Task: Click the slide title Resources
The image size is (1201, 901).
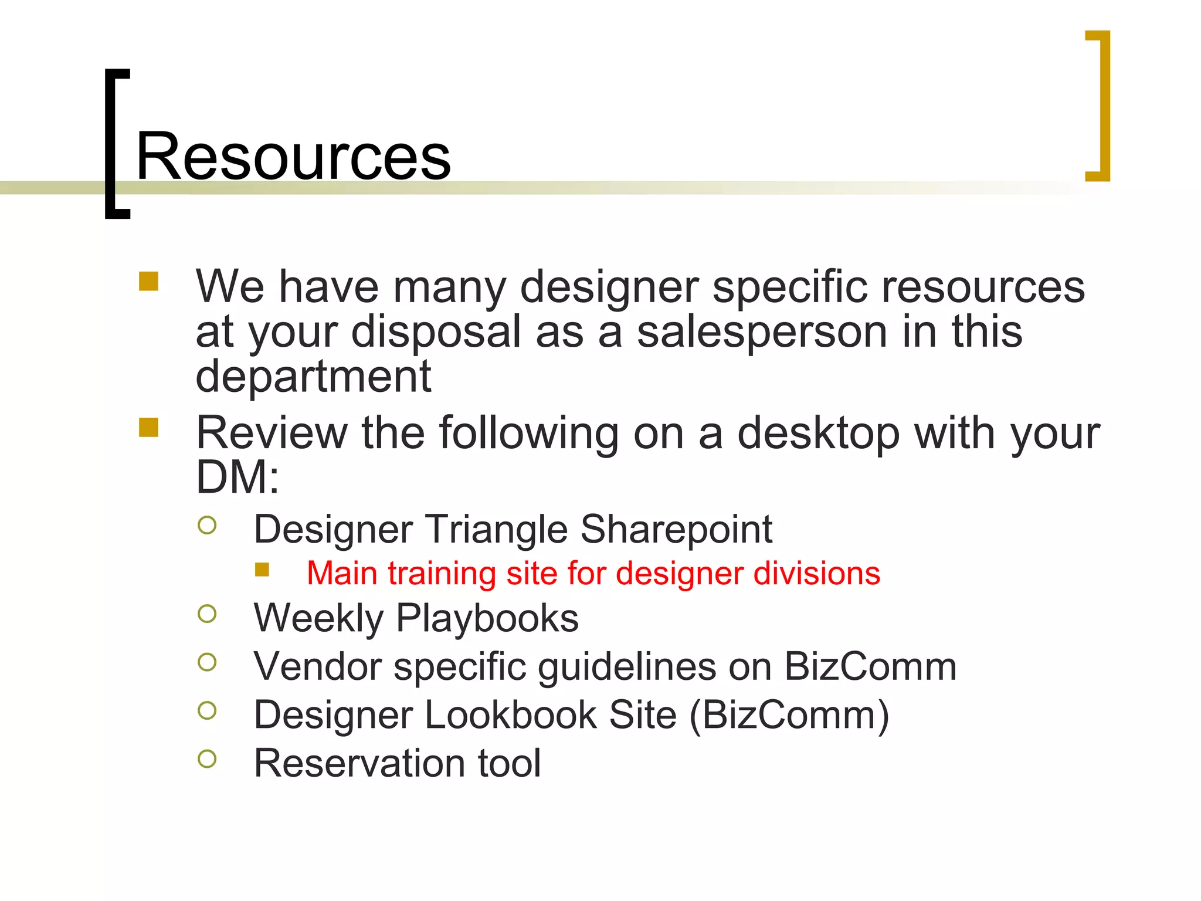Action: (293, 157)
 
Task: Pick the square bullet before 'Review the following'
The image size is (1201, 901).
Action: (149, 427)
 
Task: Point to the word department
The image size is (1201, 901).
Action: (313, 377)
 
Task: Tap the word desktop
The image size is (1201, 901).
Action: (818, 433)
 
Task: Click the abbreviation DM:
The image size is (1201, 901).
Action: (238, 477)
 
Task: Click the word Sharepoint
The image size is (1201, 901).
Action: (676, 530)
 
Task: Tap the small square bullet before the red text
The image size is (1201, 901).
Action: (262, 570)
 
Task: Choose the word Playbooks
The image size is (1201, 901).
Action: (487, 618)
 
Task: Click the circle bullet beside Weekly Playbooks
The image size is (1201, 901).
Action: (207, 614)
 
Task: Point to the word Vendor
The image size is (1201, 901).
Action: (317, 667)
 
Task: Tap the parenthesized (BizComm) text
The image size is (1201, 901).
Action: (789, 716)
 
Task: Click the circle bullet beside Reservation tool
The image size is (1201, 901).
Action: (207, 759)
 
